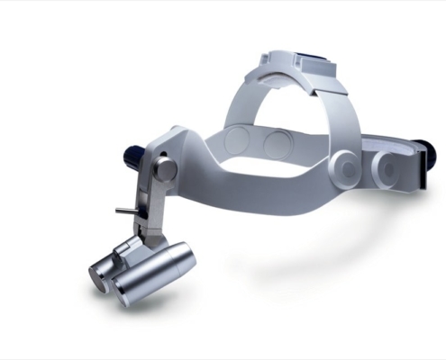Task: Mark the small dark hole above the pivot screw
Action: pos(165,143)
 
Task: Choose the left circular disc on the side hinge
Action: pos(345,166)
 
